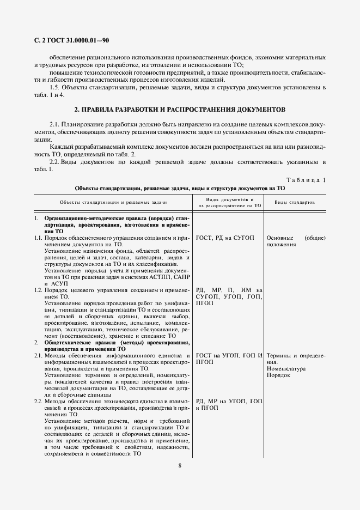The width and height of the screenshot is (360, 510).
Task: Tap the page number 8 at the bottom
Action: click(180, 465)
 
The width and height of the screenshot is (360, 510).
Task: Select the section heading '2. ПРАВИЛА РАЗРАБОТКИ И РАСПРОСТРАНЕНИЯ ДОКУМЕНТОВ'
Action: click(180, 109)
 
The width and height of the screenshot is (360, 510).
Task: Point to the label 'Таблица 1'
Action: click(306, 180)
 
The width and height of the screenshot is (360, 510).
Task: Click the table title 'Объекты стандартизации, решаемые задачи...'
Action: click(180, 188)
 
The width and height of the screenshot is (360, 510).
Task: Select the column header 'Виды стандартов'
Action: click(295, 202)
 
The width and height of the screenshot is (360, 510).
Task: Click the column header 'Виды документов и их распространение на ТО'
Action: click(229, 202)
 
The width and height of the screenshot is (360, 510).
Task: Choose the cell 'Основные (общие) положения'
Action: click(296, 241)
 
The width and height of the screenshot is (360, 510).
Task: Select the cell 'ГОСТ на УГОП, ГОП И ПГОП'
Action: click(229, 359)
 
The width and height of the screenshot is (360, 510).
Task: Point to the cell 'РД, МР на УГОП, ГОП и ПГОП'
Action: click(229, 404)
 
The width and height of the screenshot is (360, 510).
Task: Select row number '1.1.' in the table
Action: click(39, 238)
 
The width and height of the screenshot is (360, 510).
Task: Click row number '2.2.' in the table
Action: click(39, 401)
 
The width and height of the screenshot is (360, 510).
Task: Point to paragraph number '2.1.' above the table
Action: click(56, 125)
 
